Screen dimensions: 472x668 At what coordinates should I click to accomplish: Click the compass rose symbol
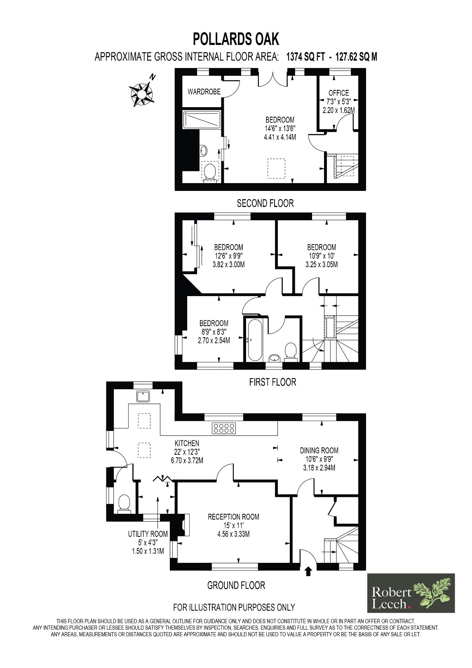pos(141,93)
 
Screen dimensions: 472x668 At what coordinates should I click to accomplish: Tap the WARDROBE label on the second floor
pos(204,92)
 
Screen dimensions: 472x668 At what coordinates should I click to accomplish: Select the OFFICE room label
pos(338,93)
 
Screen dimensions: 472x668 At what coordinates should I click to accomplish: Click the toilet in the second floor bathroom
pos(211,172)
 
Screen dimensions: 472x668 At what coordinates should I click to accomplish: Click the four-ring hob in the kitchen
pos(224,428)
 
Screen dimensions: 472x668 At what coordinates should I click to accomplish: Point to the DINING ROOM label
pos(319,450)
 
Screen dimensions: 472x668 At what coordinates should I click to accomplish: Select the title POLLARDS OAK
pos(236,39)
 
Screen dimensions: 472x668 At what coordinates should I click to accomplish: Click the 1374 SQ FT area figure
pos(305,56)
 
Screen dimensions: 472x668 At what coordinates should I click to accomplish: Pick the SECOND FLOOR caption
pos(265,203)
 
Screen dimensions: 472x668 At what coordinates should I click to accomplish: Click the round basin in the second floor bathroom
pos(204,150)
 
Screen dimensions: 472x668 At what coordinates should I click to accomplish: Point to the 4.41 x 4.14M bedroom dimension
pos(279,137)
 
